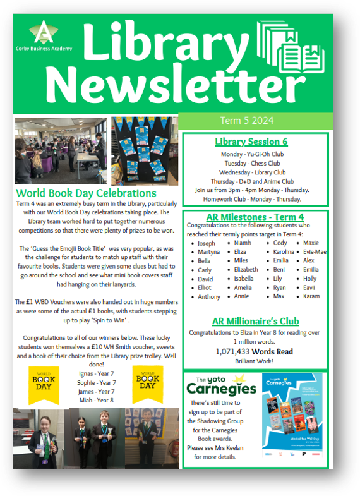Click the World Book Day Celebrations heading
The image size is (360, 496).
point(86,193)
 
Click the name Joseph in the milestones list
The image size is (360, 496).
point(206,243)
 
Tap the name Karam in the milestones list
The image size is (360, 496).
point(312,296)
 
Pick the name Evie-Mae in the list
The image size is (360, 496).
point(315,252)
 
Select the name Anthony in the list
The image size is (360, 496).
point(209,296)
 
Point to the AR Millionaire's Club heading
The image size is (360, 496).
point(255,321)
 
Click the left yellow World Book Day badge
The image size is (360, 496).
point(44,384)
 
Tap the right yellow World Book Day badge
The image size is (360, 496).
point(147,381)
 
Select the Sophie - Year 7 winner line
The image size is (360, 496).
point(96,382)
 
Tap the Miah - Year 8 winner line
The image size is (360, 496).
point(96,400)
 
